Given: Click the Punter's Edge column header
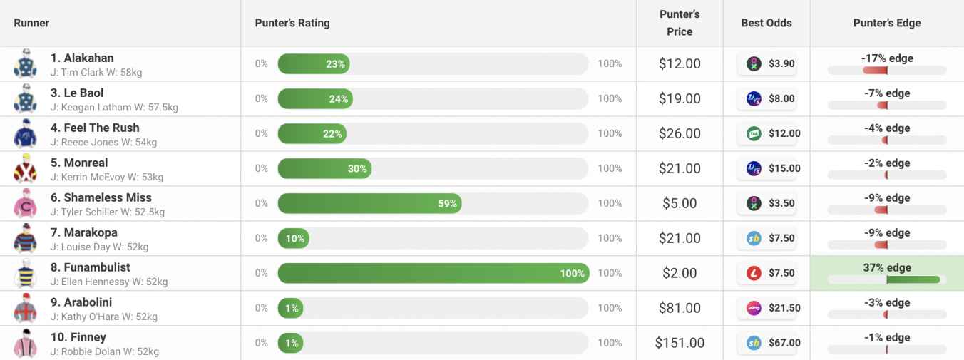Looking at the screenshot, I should [x=886, y=23].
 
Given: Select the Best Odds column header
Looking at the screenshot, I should [x=766, y=23].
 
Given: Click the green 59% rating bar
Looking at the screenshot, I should [x=369, y=203].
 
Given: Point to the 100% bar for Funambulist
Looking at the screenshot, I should [x=433, y=273].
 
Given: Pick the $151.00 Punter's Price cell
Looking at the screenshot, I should [x=680, y=343].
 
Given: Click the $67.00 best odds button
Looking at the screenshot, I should [x=766, y=343].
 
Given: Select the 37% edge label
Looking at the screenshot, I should [x=887, y=267].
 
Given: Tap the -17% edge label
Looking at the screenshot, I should [x=887, y=58].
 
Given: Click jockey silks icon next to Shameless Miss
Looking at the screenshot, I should [x=25, y=204].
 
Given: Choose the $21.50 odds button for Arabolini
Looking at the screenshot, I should [x=766, y=308].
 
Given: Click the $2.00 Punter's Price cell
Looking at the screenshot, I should [x=680, y=273].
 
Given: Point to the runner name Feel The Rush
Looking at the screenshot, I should [x=101, y=128].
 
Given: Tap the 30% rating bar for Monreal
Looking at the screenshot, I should [x=324, y=168].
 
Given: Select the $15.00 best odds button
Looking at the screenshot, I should [x=766, y=168].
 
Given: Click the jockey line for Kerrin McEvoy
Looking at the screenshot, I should [x=107, y=177].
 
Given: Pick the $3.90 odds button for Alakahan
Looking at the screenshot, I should [x=766, y=63].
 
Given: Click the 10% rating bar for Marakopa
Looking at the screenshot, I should [x=293, y=238].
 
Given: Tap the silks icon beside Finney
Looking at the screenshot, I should [x=25, y=344].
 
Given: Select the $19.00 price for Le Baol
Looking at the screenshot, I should [x=680, y=98].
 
